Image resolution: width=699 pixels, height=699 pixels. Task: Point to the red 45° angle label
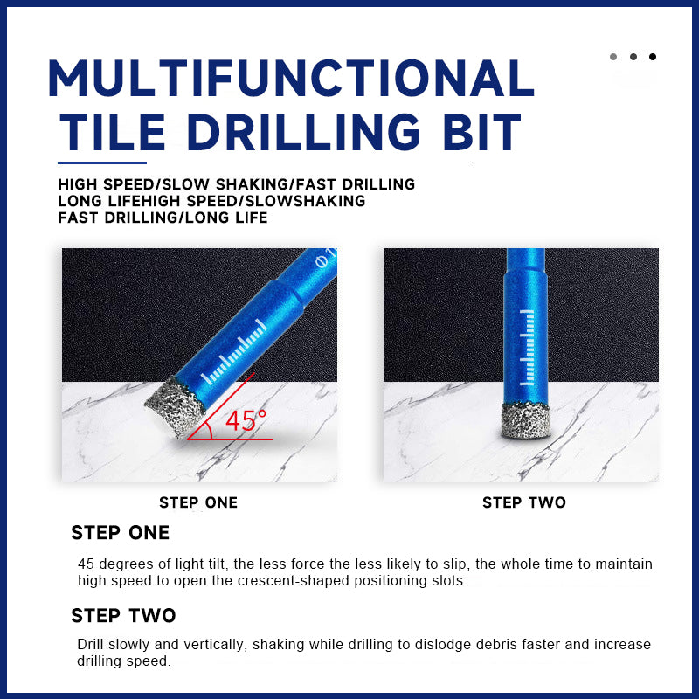pos(246,420)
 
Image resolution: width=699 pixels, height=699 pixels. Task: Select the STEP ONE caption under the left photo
pos(198,502)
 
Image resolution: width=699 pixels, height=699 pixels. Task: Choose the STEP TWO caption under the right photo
pos(524,502)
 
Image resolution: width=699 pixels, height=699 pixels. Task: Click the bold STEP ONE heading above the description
pos(121,533)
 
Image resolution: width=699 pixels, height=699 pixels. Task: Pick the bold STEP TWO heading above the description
pos(123,615)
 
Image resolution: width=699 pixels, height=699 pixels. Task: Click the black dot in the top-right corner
pos(653,57)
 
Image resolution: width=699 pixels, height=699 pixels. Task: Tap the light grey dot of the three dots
pos(613,57)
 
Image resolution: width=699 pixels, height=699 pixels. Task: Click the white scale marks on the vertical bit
pos(526,349)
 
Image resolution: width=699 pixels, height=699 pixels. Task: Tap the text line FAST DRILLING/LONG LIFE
pos(163,218)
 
